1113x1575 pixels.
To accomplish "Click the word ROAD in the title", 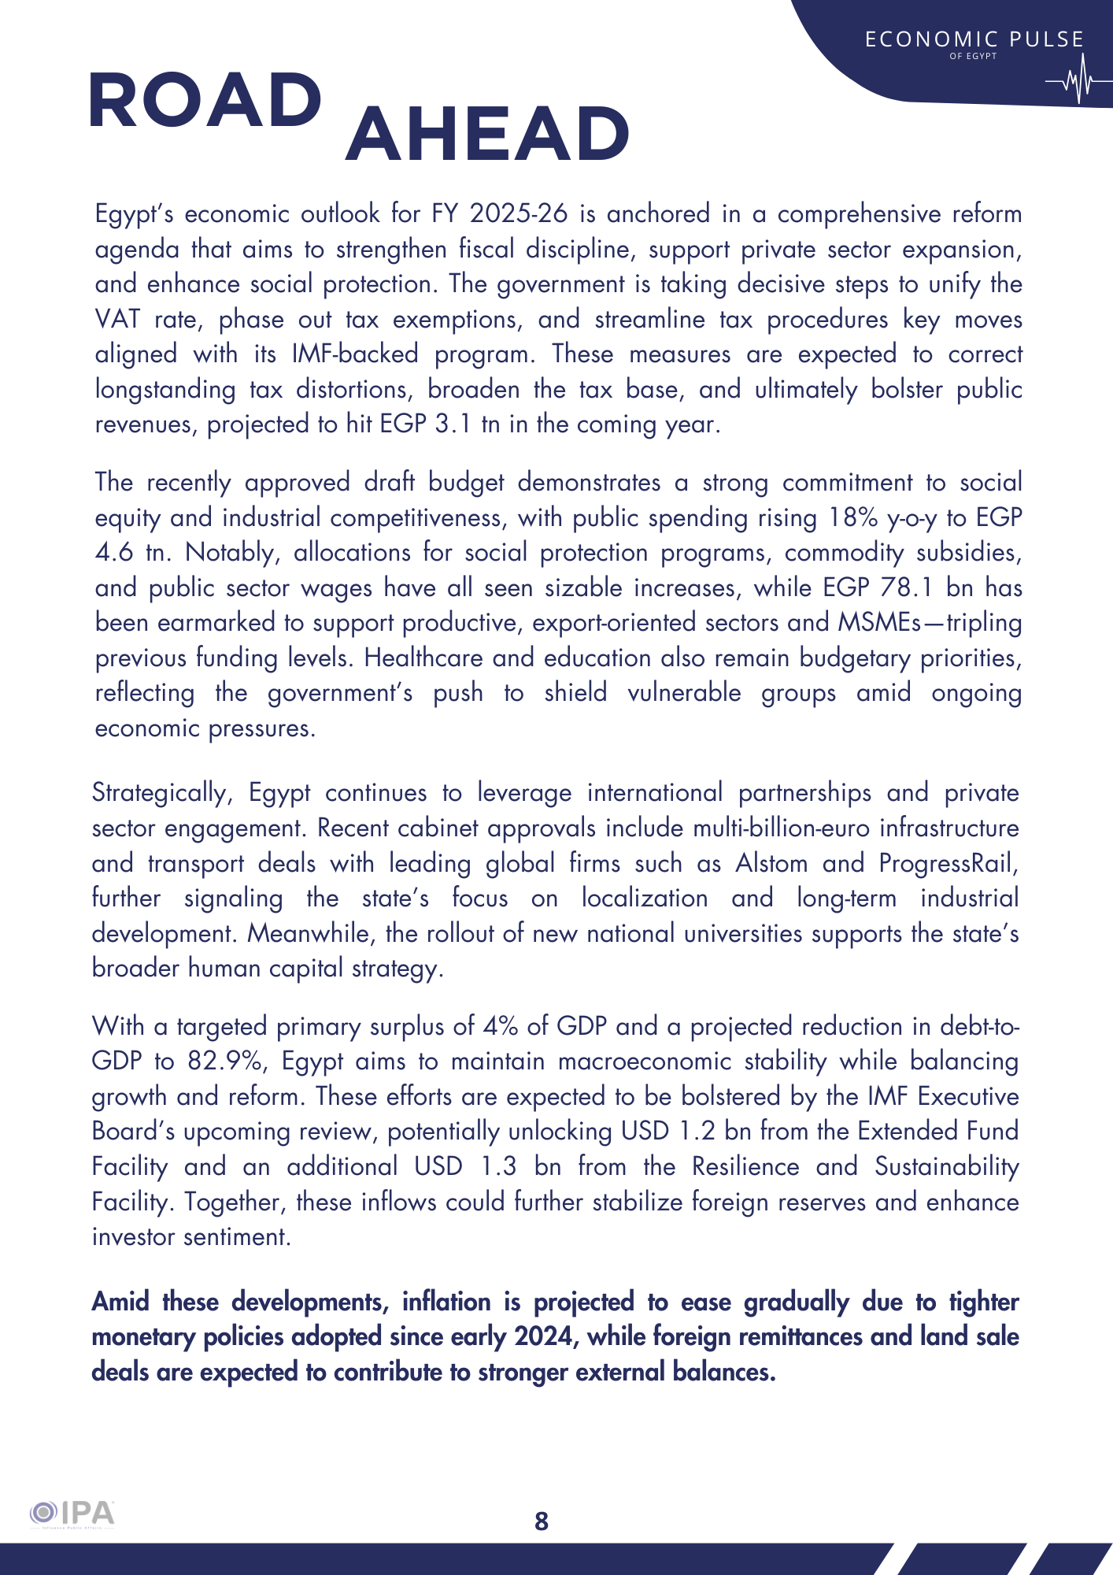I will [205, 100].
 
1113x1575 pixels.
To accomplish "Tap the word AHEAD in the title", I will [487, 134].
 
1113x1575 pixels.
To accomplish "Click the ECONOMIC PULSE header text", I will [974, 39].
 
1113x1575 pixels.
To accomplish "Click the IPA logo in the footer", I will [72, 1514].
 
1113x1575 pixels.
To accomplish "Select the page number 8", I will [542, 1521].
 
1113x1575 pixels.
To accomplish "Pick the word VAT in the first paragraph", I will [117, 319].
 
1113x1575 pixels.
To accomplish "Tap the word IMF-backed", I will [355, 354].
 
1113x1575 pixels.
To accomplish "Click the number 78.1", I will [908, 587].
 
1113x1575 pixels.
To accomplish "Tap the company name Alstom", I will [771, 863].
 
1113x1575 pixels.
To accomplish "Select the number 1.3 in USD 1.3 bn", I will [499, 1166].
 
